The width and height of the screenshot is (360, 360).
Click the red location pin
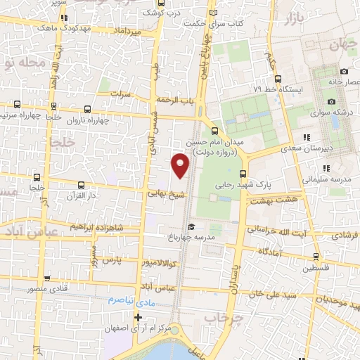[181, 165]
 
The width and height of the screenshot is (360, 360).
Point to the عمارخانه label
[343, 82]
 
